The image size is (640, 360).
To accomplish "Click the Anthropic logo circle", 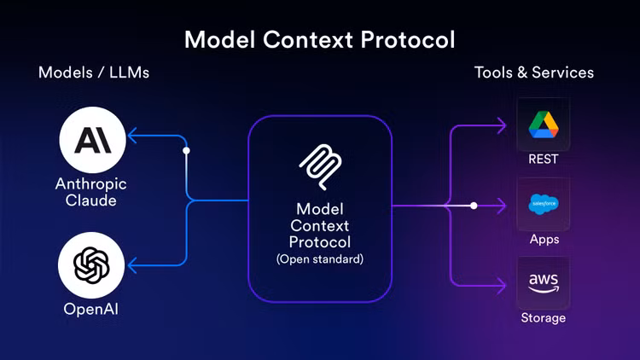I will [x=92, y=139].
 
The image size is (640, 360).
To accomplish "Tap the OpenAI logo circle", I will [x=92, y=264].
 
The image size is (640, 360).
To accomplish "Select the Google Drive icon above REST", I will [x=544, y=125].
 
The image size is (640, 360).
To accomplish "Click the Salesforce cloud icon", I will [x=544, y=205].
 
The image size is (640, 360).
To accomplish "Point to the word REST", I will [x=544, y=160].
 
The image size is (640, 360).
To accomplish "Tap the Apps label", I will [x=544, y=239].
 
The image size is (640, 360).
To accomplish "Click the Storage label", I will [x=544, y=318].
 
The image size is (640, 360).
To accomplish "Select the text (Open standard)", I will [x=320, y=258].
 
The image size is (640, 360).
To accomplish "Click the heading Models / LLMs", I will [x=94, y=73].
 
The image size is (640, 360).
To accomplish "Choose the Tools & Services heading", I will [x=534, y=73].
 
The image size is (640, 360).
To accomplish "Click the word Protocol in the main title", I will [x=404, y=39].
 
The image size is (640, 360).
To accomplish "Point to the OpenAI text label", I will [x=92, y=309].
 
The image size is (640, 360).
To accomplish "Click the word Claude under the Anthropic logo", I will [x=92, y=200].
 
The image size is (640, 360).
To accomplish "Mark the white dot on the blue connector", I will [x=187, y=150].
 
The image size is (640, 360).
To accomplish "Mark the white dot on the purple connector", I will [x=474, y=205].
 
